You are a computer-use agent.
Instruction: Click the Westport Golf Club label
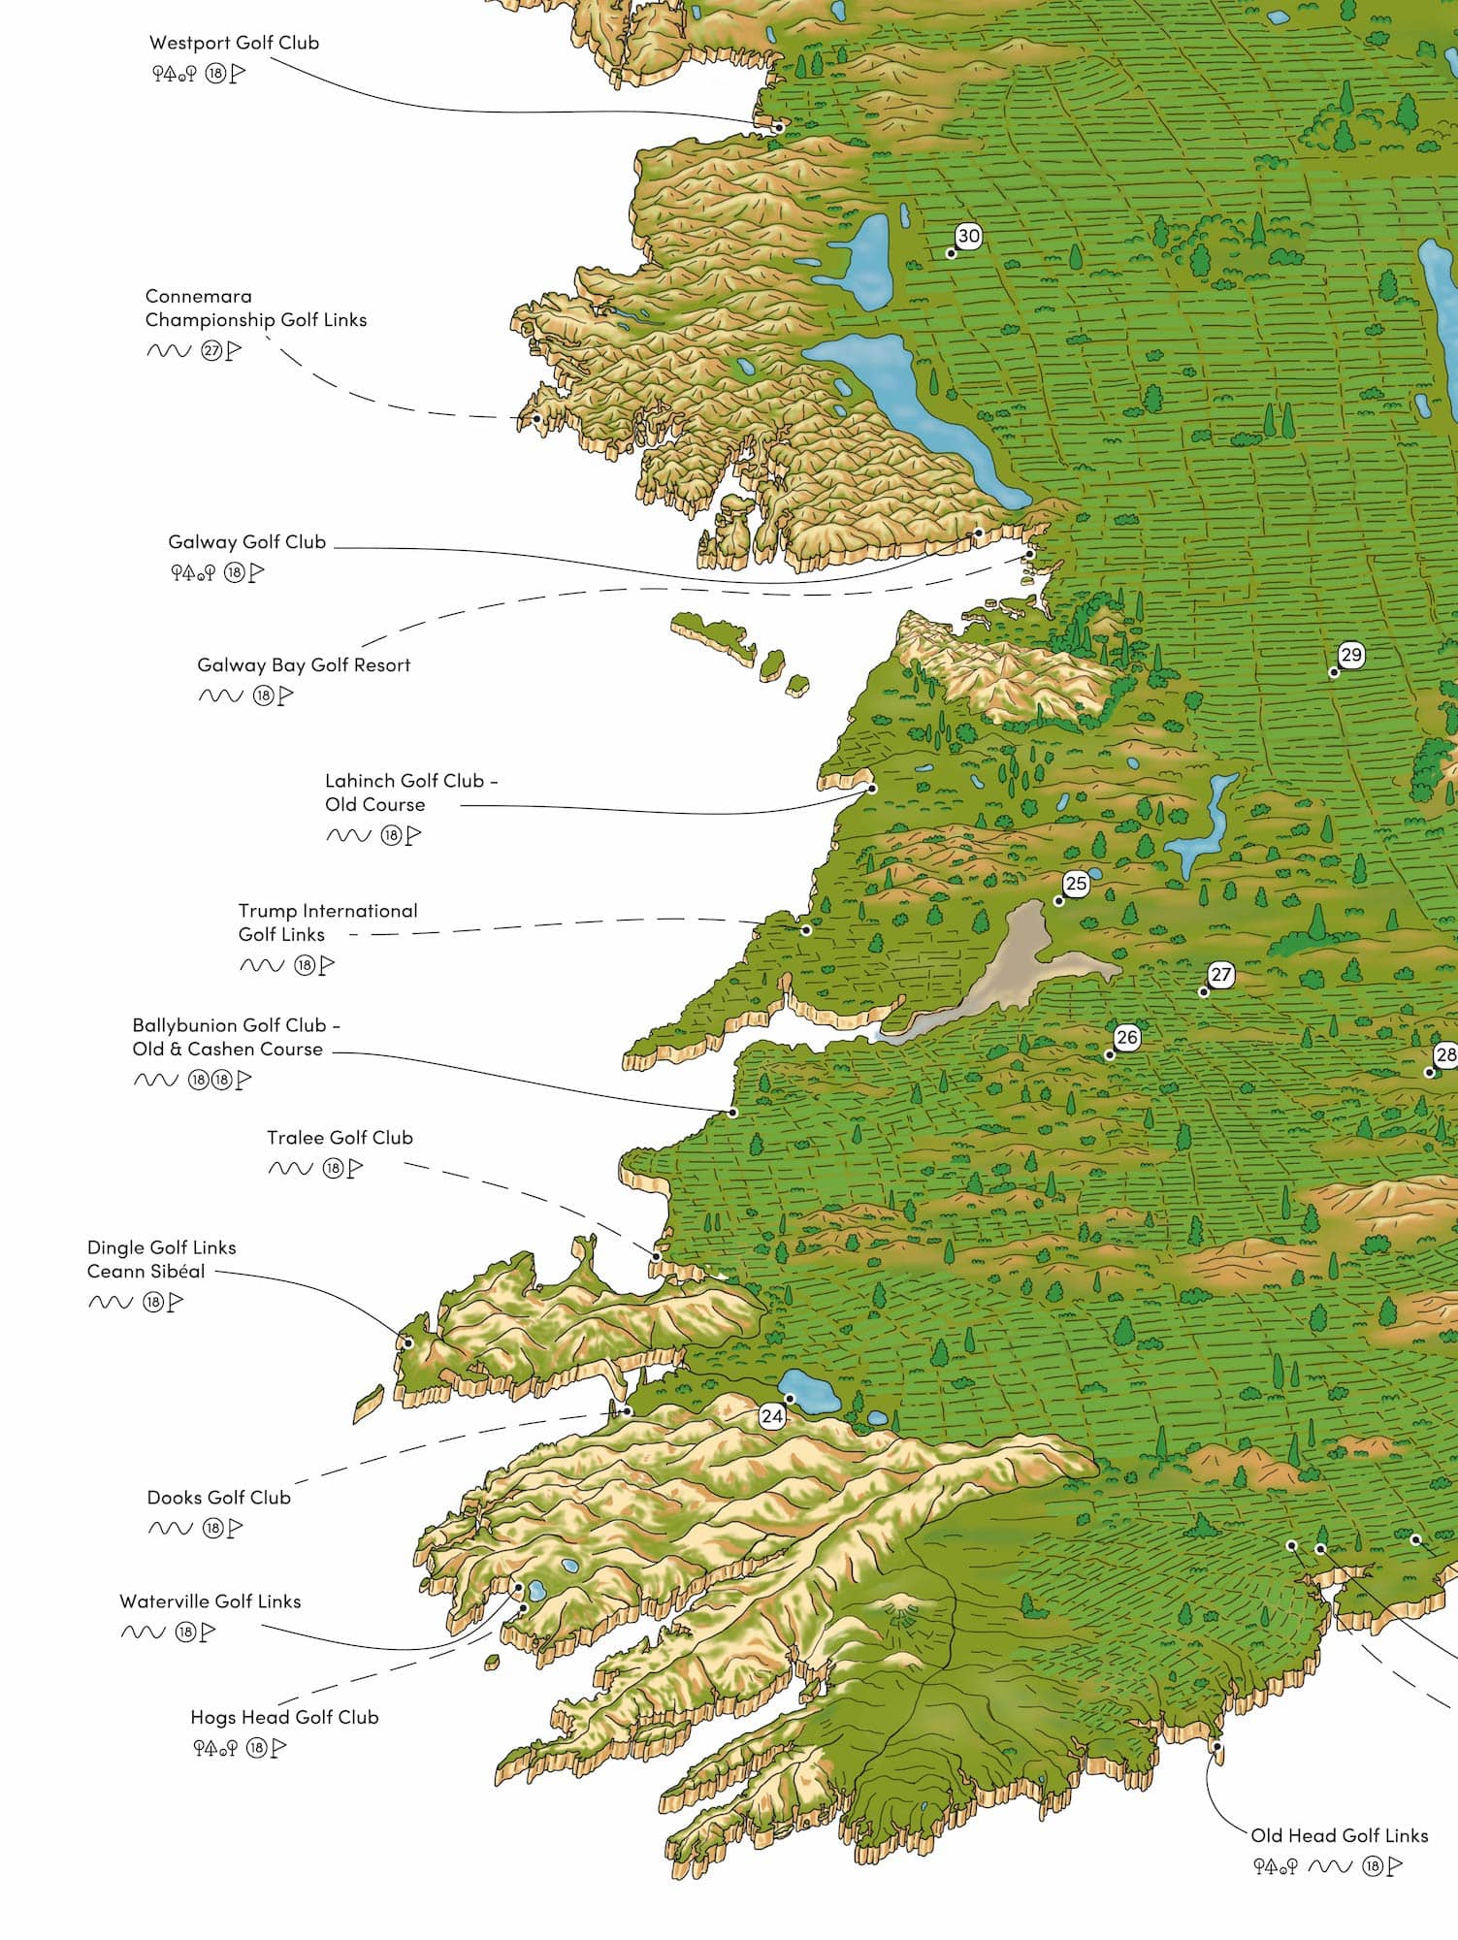(x=234, y=43)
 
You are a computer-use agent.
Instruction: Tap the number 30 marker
(x=968, y=236)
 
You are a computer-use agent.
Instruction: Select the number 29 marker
(x=1350, y=655)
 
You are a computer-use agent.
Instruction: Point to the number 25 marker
(x=1075, y=884)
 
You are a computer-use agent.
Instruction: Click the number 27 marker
(x=1220, y=975)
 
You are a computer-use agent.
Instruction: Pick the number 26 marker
(x=1126, y=1037)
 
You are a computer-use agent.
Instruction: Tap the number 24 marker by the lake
(x=772, y=1416)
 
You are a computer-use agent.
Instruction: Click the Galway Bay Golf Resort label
(x=304, y=665)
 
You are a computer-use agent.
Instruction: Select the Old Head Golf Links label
(x=1339, y=1835)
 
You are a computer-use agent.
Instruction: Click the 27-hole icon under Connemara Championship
(x=211, y=351)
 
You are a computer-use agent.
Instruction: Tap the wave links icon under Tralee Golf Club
(x=290, y=1169)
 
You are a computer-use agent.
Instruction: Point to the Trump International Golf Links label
(x=327, y=922)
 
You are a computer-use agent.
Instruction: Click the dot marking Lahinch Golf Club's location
(x=872, y=789)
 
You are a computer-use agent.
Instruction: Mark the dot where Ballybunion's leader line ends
(x=733, y=1113)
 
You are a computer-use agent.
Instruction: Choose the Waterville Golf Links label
(x=210, y=1601)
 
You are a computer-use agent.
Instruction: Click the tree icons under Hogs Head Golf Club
(x=214, y=1748)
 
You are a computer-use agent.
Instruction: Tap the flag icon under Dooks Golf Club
(x=235, y=1529)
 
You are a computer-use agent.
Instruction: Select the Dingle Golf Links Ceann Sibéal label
(x=161, y=1259)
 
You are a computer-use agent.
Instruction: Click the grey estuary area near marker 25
(x=1014, y=960)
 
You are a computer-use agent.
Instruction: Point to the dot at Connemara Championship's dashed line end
(x=536, y=419)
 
